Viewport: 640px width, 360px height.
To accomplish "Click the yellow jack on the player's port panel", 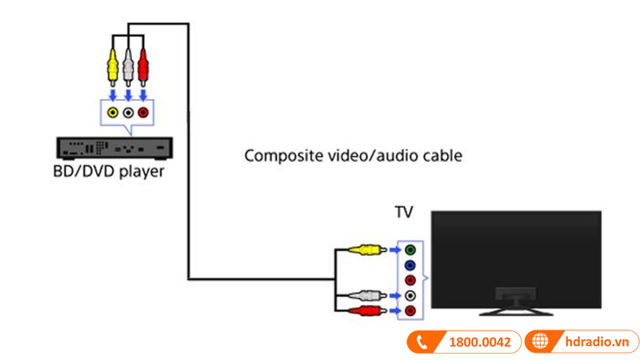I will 113,113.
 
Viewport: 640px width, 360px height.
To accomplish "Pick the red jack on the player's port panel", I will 143,113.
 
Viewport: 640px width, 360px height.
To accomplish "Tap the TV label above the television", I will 404,214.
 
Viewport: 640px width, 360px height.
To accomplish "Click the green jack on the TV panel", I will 410,250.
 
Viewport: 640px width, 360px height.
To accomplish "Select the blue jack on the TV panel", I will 410,265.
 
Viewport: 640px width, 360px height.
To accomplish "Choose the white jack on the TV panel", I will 410,295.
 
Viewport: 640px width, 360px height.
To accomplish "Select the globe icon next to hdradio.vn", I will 540,342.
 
